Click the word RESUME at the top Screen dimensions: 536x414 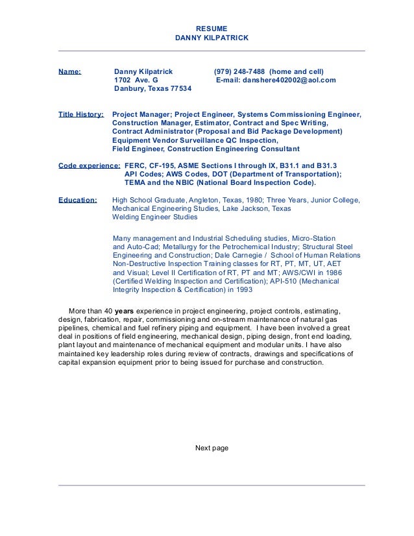click(x=212, y=29)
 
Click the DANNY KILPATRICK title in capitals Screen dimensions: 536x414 click(x=212, y=38)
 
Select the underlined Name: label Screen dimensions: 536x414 click(x=69, y=71)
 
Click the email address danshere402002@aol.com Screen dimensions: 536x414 click(x=289, y=80)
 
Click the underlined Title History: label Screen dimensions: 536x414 click(x=81, y=114)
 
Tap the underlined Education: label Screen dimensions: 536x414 click(x=78, y=200)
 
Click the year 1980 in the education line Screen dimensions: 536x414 click(x=250, y=200)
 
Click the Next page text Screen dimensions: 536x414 click(x=212, y=448)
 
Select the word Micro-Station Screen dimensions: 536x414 click(x=314, y=239)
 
